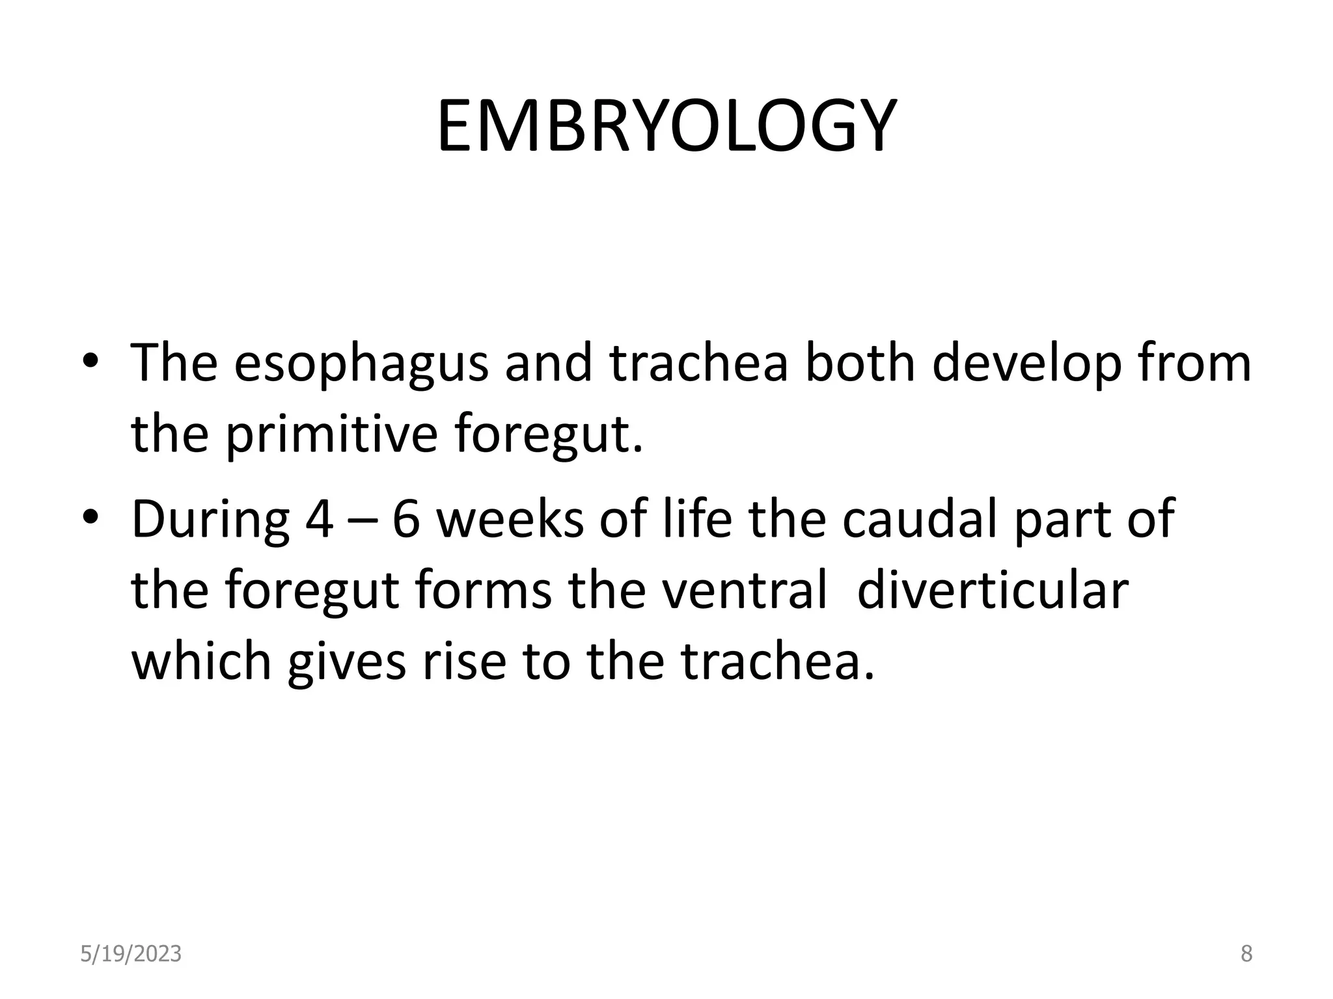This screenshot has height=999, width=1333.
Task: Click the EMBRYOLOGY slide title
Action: (666, 127)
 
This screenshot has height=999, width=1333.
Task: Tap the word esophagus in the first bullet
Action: (361, 364)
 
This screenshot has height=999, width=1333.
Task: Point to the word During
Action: (210, 520)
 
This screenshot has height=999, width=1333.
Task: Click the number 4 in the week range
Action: (319, 520)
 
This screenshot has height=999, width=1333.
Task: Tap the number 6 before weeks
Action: (406, 520)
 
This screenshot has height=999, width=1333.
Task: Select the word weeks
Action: (510, 520)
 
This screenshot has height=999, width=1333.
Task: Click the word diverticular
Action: (992, 591)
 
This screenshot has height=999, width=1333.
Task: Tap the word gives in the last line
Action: (346, 662)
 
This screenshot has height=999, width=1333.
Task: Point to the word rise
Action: (464, 662)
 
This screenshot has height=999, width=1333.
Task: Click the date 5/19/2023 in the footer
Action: (131, 954)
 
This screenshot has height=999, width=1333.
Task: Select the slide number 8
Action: (1246, 954)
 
